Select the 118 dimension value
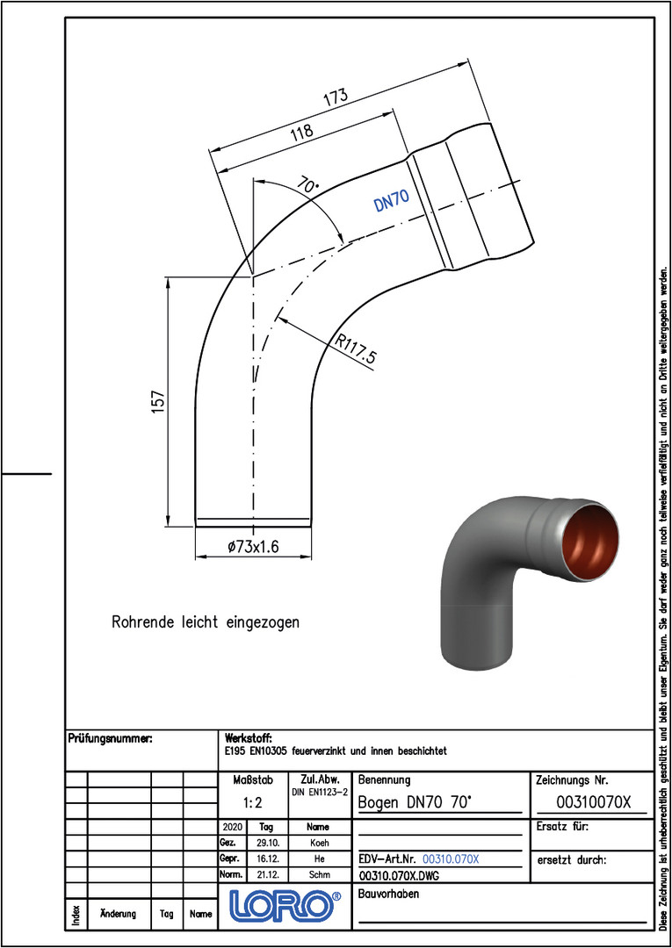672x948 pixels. coord(300,133)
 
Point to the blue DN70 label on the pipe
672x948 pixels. coord(392,200)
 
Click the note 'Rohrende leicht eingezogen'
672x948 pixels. coord(206,622)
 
